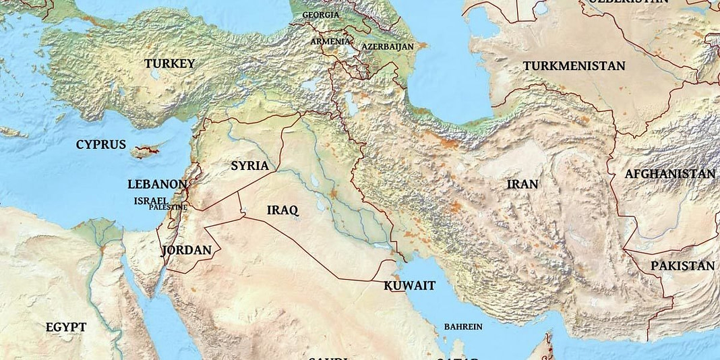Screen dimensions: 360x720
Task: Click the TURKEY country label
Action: click(x=169, y=63)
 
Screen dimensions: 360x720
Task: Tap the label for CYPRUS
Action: click(x=100, y=144)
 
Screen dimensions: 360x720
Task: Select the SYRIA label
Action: click(x=249, y=165)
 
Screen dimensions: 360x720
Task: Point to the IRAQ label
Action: click(x=282, y=210)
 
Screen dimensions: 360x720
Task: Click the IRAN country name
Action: click(x=522, y=184)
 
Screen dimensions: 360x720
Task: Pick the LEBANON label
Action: click(x=157, y=184)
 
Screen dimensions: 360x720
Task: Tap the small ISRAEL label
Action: click(x=150, y=200)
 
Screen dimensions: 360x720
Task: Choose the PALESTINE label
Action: click(x=168, y=207)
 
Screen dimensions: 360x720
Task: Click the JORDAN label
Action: click(x=187, y=250)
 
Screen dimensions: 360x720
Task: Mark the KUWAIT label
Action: click(x=409, y=285)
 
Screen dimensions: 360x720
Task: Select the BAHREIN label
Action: click(x=462, y=326)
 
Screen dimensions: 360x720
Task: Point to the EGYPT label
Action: click(x=66, y=327)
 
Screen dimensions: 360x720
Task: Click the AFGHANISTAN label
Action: click(x=669, y=174)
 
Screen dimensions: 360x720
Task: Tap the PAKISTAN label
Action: click(x=682, y=266)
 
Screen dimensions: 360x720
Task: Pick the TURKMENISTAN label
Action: click(x=574, y=66)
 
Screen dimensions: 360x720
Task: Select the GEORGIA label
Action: click(x=321, y=14)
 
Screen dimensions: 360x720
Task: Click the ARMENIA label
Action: click(x=330, y=41)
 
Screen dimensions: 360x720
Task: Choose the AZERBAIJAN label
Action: click(x=387, y=47)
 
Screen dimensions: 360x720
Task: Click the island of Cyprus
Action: click(x=145, y=150)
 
